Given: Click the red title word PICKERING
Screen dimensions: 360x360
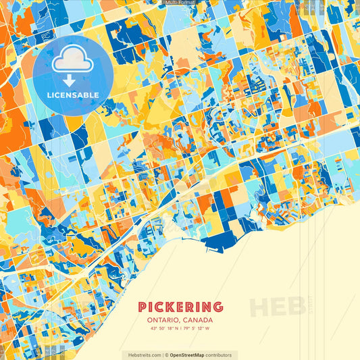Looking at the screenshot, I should pos(180,307).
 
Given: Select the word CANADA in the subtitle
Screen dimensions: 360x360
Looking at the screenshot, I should pos(199,320).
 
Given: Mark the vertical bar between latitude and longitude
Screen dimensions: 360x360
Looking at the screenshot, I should pos(180,329).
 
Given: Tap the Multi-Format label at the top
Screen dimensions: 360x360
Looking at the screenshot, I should pos(180,3).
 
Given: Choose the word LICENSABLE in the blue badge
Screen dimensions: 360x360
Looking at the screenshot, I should pos(72,95).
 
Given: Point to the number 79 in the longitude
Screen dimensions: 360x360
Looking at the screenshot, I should pos(188,329).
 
